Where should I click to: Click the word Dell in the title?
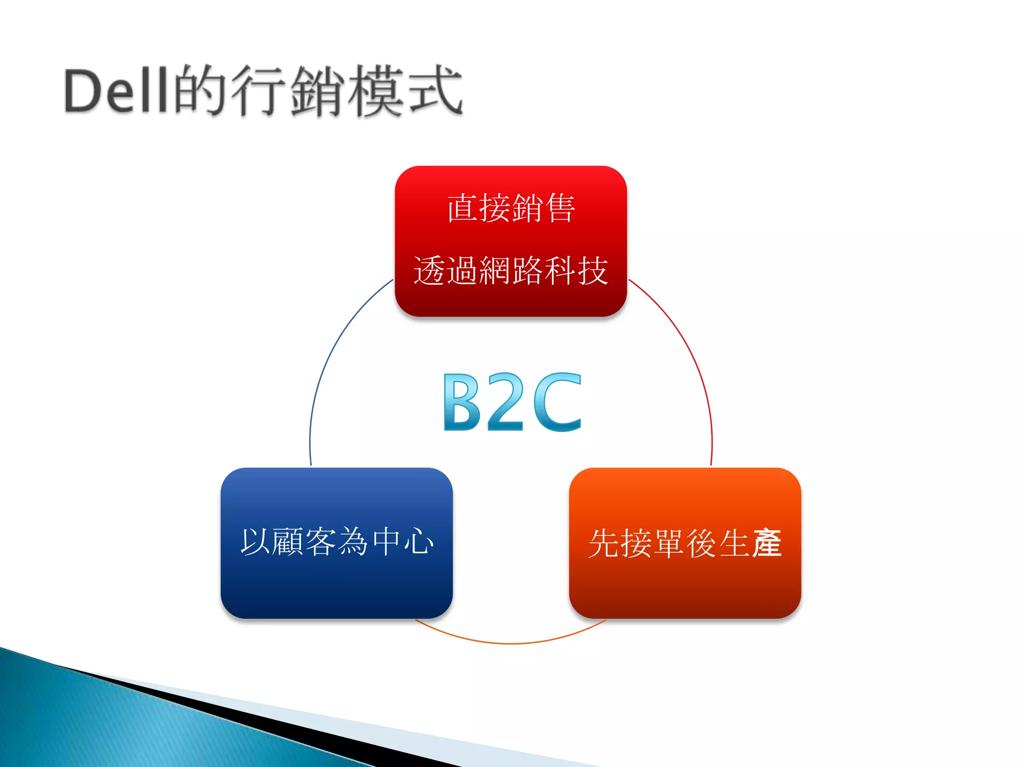116,91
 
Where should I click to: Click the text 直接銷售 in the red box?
511,208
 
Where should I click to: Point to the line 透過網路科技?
511,271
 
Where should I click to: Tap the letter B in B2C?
462,402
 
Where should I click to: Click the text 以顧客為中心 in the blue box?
337,542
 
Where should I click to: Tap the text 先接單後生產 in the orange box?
685,543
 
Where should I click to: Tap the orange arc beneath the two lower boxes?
511,643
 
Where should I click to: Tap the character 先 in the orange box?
604,543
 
